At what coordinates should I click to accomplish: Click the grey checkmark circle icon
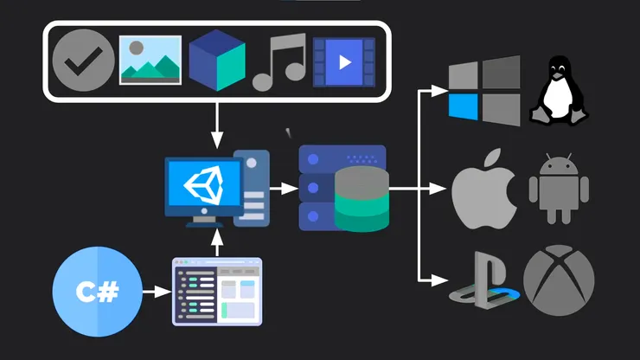[x=84, y=61]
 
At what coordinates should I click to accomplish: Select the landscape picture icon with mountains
[x=150, y=60]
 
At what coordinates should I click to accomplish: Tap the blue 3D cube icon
[x=216, y=60]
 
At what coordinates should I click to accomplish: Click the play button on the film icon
[x=344, y=61]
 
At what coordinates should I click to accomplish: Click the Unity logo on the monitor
[x=205, y=185]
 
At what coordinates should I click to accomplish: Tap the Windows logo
[x=484, y=90]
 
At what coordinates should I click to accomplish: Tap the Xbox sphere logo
[x=559, y=280]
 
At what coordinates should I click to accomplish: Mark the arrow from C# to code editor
[x=155, y=292]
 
